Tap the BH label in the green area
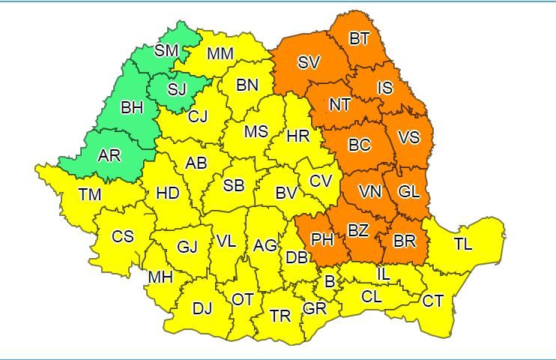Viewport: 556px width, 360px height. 132,107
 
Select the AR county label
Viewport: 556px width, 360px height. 109,156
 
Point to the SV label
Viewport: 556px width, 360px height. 308,63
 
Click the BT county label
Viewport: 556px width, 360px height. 360,39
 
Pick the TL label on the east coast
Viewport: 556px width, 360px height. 462,243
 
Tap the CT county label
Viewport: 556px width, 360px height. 432,301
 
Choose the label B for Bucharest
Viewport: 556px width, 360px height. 328,282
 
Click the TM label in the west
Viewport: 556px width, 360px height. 90,195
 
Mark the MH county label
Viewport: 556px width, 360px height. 160,277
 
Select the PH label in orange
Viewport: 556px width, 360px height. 322,240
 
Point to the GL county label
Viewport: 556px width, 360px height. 409,191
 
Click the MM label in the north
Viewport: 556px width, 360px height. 220,54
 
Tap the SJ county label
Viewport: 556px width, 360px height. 177,89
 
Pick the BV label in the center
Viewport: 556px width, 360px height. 286,193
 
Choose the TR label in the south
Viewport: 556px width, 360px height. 280,316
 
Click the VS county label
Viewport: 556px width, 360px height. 408,137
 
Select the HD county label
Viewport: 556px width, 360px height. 168,193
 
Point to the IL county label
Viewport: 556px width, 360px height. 383,274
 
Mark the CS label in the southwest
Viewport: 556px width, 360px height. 123,236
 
